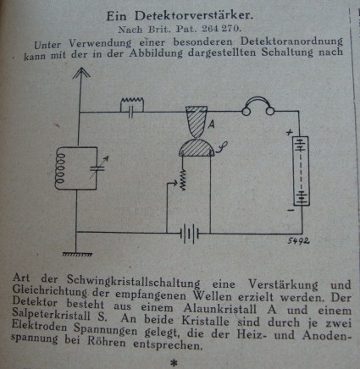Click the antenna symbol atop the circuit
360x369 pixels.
[x=81, y=74]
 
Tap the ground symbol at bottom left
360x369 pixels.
[x=77, y=254]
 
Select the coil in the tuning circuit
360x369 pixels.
[x=60, y=168]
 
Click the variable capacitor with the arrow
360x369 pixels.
[x=98, y=168]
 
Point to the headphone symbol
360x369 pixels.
[x=258, y=107]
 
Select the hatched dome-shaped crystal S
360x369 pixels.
[x=197, y=148]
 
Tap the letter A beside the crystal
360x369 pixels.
[x=211, y=124]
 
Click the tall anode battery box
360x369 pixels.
[x=302, y=171]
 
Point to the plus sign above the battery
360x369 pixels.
[x=289, y=132]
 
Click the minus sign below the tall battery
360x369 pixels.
[x=291, y=210]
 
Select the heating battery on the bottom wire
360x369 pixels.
[x=190, y=234]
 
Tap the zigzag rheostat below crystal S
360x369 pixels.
[x=183, y=180]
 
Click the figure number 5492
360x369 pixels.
[x=298, y=240]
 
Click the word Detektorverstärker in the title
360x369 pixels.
[x=194, y=16]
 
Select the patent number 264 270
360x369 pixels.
[x=222, y=29]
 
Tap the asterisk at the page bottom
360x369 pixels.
[x=174, y=363]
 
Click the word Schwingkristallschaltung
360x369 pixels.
[x=133, y=281]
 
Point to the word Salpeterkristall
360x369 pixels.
[x=52, y=314]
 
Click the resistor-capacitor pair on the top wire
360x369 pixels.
[x=132, y=107]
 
